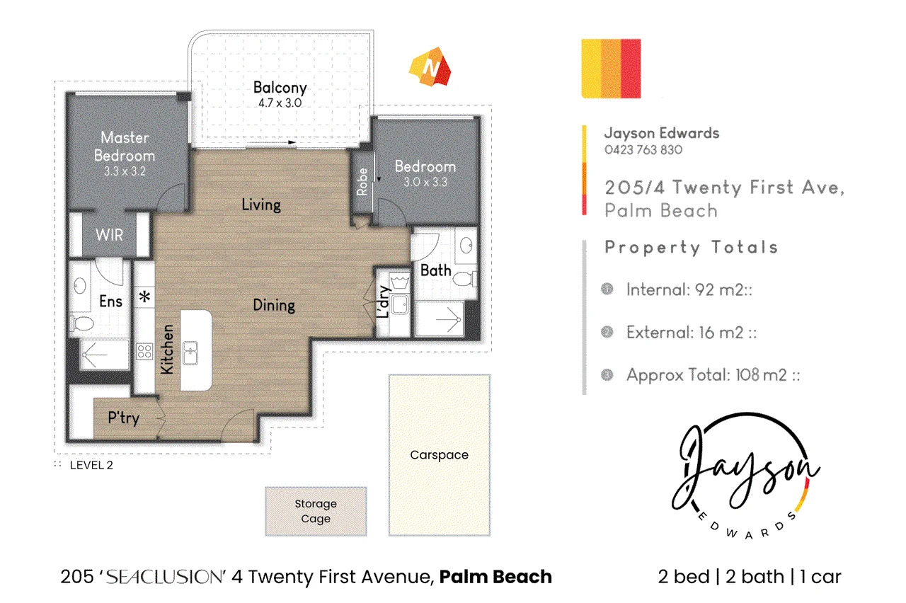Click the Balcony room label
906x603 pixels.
pyautogui.click(x=280, y=88)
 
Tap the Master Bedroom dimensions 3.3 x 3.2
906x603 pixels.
pyautogui.click(x=125, y=171)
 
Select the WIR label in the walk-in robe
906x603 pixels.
pyautogui.click(x=109, y=235)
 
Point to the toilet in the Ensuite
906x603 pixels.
pyautogui.click(x=82, y=323)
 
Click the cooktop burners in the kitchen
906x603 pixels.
pyautogui.click(x=144, y=351)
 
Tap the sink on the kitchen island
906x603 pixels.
pyautogui.click(x=190, y=353)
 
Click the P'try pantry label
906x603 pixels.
pyautogui.click(x=124, y=418)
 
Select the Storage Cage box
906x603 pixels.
pyautogui.click(x=316, y=511)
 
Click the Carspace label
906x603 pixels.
pyautogui.click(x=440, y=455)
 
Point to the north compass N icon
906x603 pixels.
pyautogui.click(x=430, y=67)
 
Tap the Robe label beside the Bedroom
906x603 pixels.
pyautogui.click(x=362, y=182)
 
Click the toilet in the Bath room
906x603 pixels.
pyautogui.click(x=465, y=279)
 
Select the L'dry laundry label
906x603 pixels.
pyautogui.click(x=383, y=302)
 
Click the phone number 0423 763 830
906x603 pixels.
pyautogui.click(x=643, y=150)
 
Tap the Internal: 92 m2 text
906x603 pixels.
pyautogui.click(x=689, y=290)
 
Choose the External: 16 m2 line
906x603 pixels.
pyautogui.click(x=692, y=333)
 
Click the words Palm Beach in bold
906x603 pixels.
pyautogui.click(x=495, y=577)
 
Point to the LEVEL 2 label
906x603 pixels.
pyautogui.click(x=91, y=465)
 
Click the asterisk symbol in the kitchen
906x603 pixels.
pyautogui.click(x=144, y=297)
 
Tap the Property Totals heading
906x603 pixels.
pyautogui.click(x=692, y=247)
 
